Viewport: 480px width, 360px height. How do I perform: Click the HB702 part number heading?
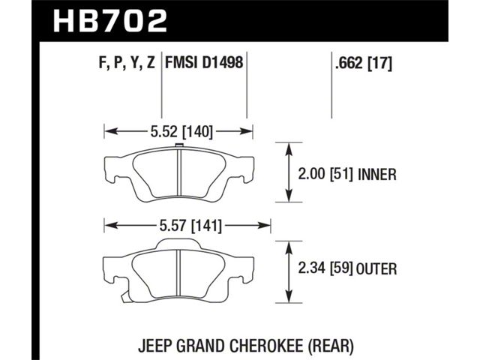click(x=110, y=21)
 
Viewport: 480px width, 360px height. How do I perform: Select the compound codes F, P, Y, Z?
click(x=127, y=63)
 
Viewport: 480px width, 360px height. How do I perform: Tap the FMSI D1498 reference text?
click(x=204, y=63)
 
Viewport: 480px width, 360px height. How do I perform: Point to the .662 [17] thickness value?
click(x=363, y=63)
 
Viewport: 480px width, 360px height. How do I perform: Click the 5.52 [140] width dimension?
click(x=181, y=132)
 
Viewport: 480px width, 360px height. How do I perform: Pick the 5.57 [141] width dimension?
click(x=190, y=226)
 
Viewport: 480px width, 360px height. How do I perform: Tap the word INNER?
click(x=376, y=174)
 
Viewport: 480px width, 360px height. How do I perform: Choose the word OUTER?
click(x=376, y=268)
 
